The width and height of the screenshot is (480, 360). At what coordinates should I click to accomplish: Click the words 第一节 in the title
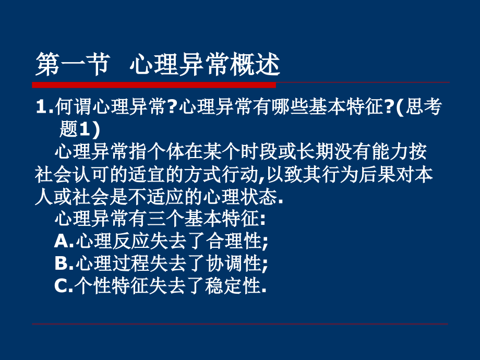pos(71,65)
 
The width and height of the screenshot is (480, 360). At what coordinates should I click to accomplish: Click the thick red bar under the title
pos(154,85)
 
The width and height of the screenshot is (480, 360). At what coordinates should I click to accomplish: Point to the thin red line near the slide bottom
pos(240,324)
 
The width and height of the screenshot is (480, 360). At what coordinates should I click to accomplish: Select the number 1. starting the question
pos(44,108)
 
